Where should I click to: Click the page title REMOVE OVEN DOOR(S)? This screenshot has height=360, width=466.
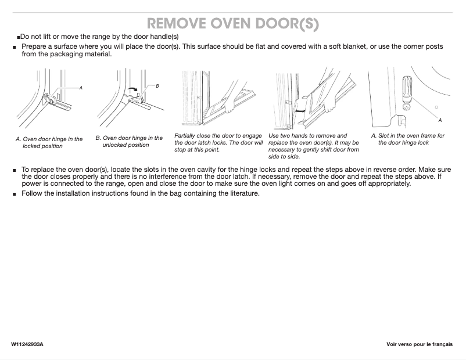coord(232,23)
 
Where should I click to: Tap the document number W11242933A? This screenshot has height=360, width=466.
coord(27,345)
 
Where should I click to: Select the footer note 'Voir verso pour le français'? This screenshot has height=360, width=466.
coord(419,345)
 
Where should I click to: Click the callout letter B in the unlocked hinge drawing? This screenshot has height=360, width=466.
coord(157,85)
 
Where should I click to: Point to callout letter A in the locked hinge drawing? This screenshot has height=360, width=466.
coord(81,88)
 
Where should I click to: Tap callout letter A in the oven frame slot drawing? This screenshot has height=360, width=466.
coord(440,120)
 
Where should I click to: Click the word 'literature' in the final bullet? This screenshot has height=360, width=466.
coord(242,193)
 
